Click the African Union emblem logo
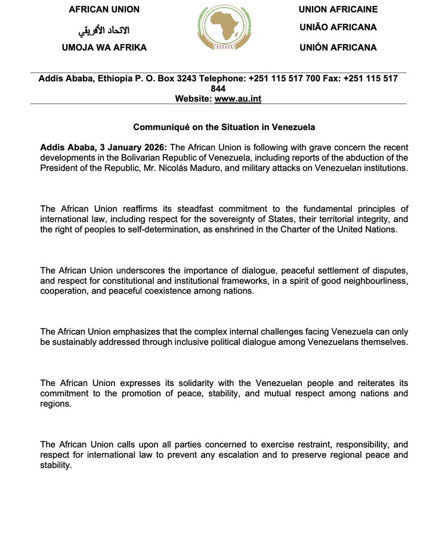pos(225,28)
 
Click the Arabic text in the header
pos(104,29)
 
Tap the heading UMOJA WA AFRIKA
pos(104,47)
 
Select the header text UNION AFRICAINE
pos(338,9)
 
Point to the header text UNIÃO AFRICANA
pos(338,27)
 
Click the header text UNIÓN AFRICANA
pos(338,47)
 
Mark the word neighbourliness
pos(375,280)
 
